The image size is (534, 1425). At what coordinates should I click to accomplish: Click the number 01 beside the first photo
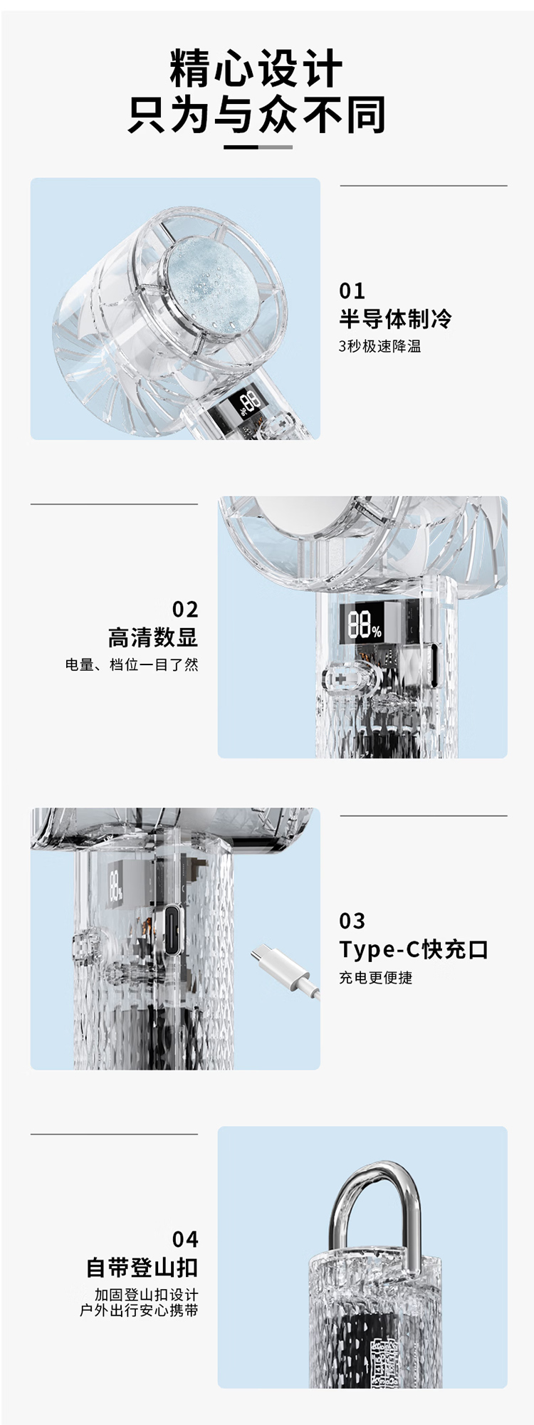pos(352,291)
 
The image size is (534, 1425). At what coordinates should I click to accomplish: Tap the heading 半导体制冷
pos(395,318)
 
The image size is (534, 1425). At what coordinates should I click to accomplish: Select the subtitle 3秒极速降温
pos(379,346)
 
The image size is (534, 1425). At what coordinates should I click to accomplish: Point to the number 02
pos(185,609)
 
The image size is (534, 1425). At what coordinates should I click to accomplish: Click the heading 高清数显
pos(152,637)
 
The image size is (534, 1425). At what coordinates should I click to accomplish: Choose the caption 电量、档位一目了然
pos(132,664)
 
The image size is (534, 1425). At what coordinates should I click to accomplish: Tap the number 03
pos(352,921)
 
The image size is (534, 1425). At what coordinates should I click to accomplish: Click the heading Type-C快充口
pos(414,949)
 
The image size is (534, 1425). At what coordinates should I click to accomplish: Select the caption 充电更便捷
pos(375,977)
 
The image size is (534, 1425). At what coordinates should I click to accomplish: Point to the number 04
pos(185,1239)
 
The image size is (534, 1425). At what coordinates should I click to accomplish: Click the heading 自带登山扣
pos(142,1267)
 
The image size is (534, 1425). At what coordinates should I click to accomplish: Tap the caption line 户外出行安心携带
pos(139,1310)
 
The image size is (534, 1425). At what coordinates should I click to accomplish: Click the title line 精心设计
pos(256,68)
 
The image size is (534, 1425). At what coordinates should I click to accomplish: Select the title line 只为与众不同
pos(256,114)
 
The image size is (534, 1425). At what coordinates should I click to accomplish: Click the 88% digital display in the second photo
pos(365,624)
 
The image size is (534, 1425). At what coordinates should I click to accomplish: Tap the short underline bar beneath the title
pos(258,147)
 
